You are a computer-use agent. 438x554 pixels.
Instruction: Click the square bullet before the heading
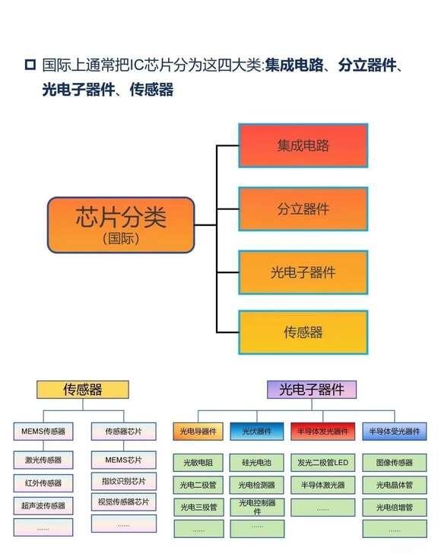coord(30,65)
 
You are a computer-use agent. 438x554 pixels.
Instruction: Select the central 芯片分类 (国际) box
coord(121,225)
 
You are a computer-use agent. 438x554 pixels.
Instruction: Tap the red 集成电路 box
coord(303,145)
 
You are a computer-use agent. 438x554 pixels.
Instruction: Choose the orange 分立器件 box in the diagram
coord(303,209)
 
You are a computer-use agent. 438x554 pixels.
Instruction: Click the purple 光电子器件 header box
coord(312,390)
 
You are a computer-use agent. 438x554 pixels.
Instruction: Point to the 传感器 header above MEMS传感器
coord(83,390)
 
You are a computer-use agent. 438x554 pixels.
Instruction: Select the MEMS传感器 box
coord(43,431)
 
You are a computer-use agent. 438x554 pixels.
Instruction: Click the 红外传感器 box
coord(43,483)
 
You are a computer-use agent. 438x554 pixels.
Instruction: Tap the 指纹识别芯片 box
coord(123,481)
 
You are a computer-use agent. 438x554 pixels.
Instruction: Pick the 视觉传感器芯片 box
coord(123,501)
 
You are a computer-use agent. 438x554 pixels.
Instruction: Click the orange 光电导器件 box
coord(198,431)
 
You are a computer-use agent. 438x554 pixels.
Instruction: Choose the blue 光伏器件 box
coord(257,431)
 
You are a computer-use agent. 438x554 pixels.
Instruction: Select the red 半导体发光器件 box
coord(322,431)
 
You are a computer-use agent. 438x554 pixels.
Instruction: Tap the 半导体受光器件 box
coord(395,431)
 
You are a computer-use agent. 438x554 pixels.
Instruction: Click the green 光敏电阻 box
coord(198,463)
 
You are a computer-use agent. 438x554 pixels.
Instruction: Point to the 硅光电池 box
coord(257,463)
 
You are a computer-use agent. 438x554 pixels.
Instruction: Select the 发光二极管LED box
coord(323,463)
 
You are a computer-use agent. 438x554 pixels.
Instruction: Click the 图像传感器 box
coord(395,463)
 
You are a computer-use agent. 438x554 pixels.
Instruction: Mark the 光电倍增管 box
coord(395,508)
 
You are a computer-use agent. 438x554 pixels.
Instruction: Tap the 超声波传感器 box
coord(43,506)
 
